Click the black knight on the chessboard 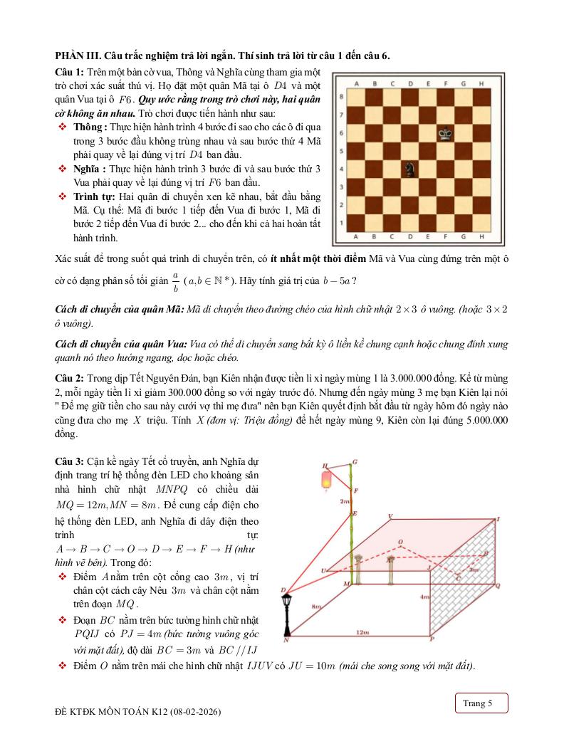click(410, 169)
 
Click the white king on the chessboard click(446, 132)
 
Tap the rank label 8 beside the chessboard click(344, 96)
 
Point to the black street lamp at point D click(287, 612)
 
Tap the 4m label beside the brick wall click(424, 595)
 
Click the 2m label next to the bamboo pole click(344, 502)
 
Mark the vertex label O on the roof click(401, 542)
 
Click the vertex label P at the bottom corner click(432, 639)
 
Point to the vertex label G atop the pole click(355, 461)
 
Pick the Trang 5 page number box click(481, 703)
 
